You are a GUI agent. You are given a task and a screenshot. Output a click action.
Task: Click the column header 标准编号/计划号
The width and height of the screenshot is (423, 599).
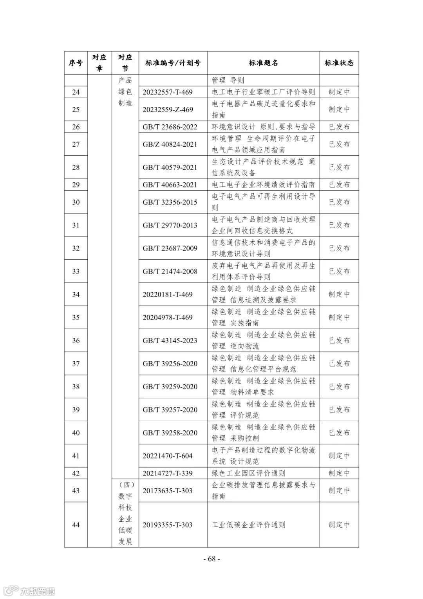click(x=173, y=63)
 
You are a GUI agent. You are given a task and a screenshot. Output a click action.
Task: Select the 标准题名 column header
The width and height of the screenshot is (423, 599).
click(x=263, y=63)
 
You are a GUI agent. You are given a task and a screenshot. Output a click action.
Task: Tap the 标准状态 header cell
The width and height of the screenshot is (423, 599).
click(x=339, y=63)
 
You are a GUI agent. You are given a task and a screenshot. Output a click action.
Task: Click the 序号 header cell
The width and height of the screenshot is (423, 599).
click(x=76, y=63)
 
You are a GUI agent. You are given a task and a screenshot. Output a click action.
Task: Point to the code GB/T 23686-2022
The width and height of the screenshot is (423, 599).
click(x=170, y=127)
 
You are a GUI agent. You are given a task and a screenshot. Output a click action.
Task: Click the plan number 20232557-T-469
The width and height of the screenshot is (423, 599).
click(x=168, y=92)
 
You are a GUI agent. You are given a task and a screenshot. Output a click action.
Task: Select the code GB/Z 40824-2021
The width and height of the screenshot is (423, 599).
click(x=170, y=144)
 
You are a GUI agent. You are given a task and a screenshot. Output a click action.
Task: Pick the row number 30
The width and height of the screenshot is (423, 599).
click(x=76, y=202)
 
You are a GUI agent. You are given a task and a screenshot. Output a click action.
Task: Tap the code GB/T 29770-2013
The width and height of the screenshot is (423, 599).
click(x=170, y=225)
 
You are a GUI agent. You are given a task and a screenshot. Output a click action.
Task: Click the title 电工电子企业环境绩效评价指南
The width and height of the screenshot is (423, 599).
click(x=263, y=185)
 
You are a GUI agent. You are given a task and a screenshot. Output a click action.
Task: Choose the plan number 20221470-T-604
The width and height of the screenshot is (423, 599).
click(x=168, y=456)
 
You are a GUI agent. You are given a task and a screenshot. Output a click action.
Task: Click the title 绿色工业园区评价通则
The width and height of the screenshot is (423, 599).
click(x=248, y=473)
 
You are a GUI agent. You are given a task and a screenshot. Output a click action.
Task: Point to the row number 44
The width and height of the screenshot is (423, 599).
click(x=76, y=525)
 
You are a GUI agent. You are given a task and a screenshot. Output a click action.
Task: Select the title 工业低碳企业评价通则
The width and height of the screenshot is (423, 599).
click(x=248, y=525)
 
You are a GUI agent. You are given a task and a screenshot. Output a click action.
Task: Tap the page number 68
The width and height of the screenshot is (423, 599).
click(x=211, y=559)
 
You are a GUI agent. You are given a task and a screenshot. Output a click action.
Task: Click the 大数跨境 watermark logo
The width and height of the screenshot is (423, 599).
click(x=29, y=590)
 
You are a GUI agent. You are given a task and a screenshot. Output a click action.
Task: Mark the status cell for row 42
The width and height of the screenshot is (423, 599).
click(x=339, y=473)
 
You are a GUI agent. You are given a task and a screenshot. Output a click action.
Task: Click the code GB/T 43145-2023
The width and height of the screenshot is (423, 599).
click(x=170, y=340)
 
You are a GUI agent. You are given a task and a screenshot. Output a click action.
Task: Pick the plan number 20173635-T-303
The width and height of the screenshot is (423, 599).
click(x=168, y=490)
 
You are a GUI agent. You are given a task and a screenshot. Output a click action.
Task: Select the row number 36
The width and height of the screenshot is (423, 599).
click(x=76, y=340)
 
